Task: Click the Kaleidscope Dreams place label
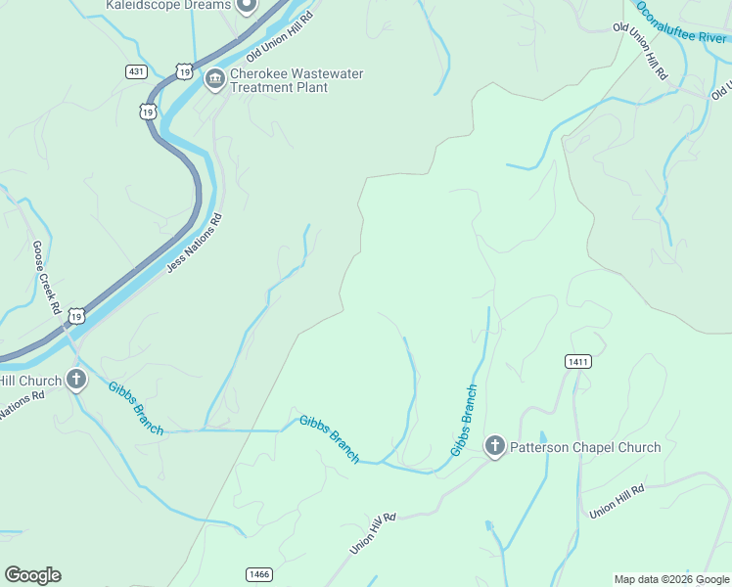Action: coord(168,5)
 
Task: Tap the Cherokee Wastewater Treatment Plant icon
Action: coord(214,78)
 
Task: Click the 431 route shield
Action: coord(136,71)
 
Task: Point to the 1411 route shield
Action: coord(577,362)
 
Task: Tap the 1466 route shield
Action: coord(258,573)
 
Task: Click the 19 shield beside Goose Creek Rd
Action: coord(77,315)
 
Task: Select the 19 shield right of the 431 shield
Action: coord(183,70)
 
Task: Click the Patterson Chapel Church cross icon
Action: coord(495,447)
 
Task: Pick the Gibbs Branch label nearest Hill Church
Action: coord(135,408)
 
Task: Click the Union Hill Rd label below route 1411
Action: coord(617,501)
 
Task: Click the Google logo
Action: coord(32,574)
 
